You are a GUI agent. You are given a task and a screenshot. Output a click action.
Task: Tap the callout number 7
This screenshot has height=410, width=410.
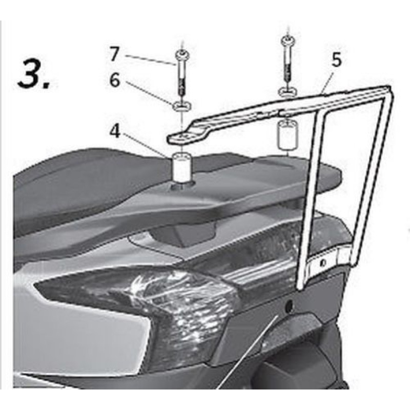coord(114,54)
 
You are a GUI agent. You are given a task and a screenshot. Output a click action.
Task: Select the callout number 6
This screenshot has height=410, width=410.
coord(114,80)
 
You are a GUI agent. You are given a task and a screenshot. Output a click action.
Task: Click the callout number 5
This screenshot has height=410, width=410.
coord(336,59)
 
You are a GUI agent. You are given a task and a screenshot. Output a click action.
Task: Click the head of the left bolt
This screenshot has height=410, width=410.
coord(182,55)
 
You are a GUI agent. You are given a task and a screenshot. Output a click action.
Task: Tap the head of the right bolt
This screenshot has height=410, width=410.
coord(288,40)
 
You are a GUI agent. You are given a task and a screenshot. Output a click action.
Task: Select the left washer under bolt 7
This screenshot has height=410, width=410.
coord(182,106)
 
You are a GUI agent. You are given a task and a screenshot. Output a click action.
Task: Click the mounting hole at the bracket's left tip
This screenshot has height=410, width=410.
coord(183,137)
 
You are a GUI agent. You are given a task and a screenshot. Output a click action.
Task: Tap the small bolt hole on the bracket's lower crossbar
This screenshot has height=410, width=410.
coord(323,262)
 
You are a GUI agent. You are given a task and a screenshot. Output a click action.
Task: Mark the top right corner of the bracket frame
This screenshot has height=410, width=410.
coord(389,87)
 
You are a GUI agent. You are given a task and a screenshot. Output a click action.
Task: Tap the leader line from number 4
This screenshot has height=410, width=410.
coord(147,146)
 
